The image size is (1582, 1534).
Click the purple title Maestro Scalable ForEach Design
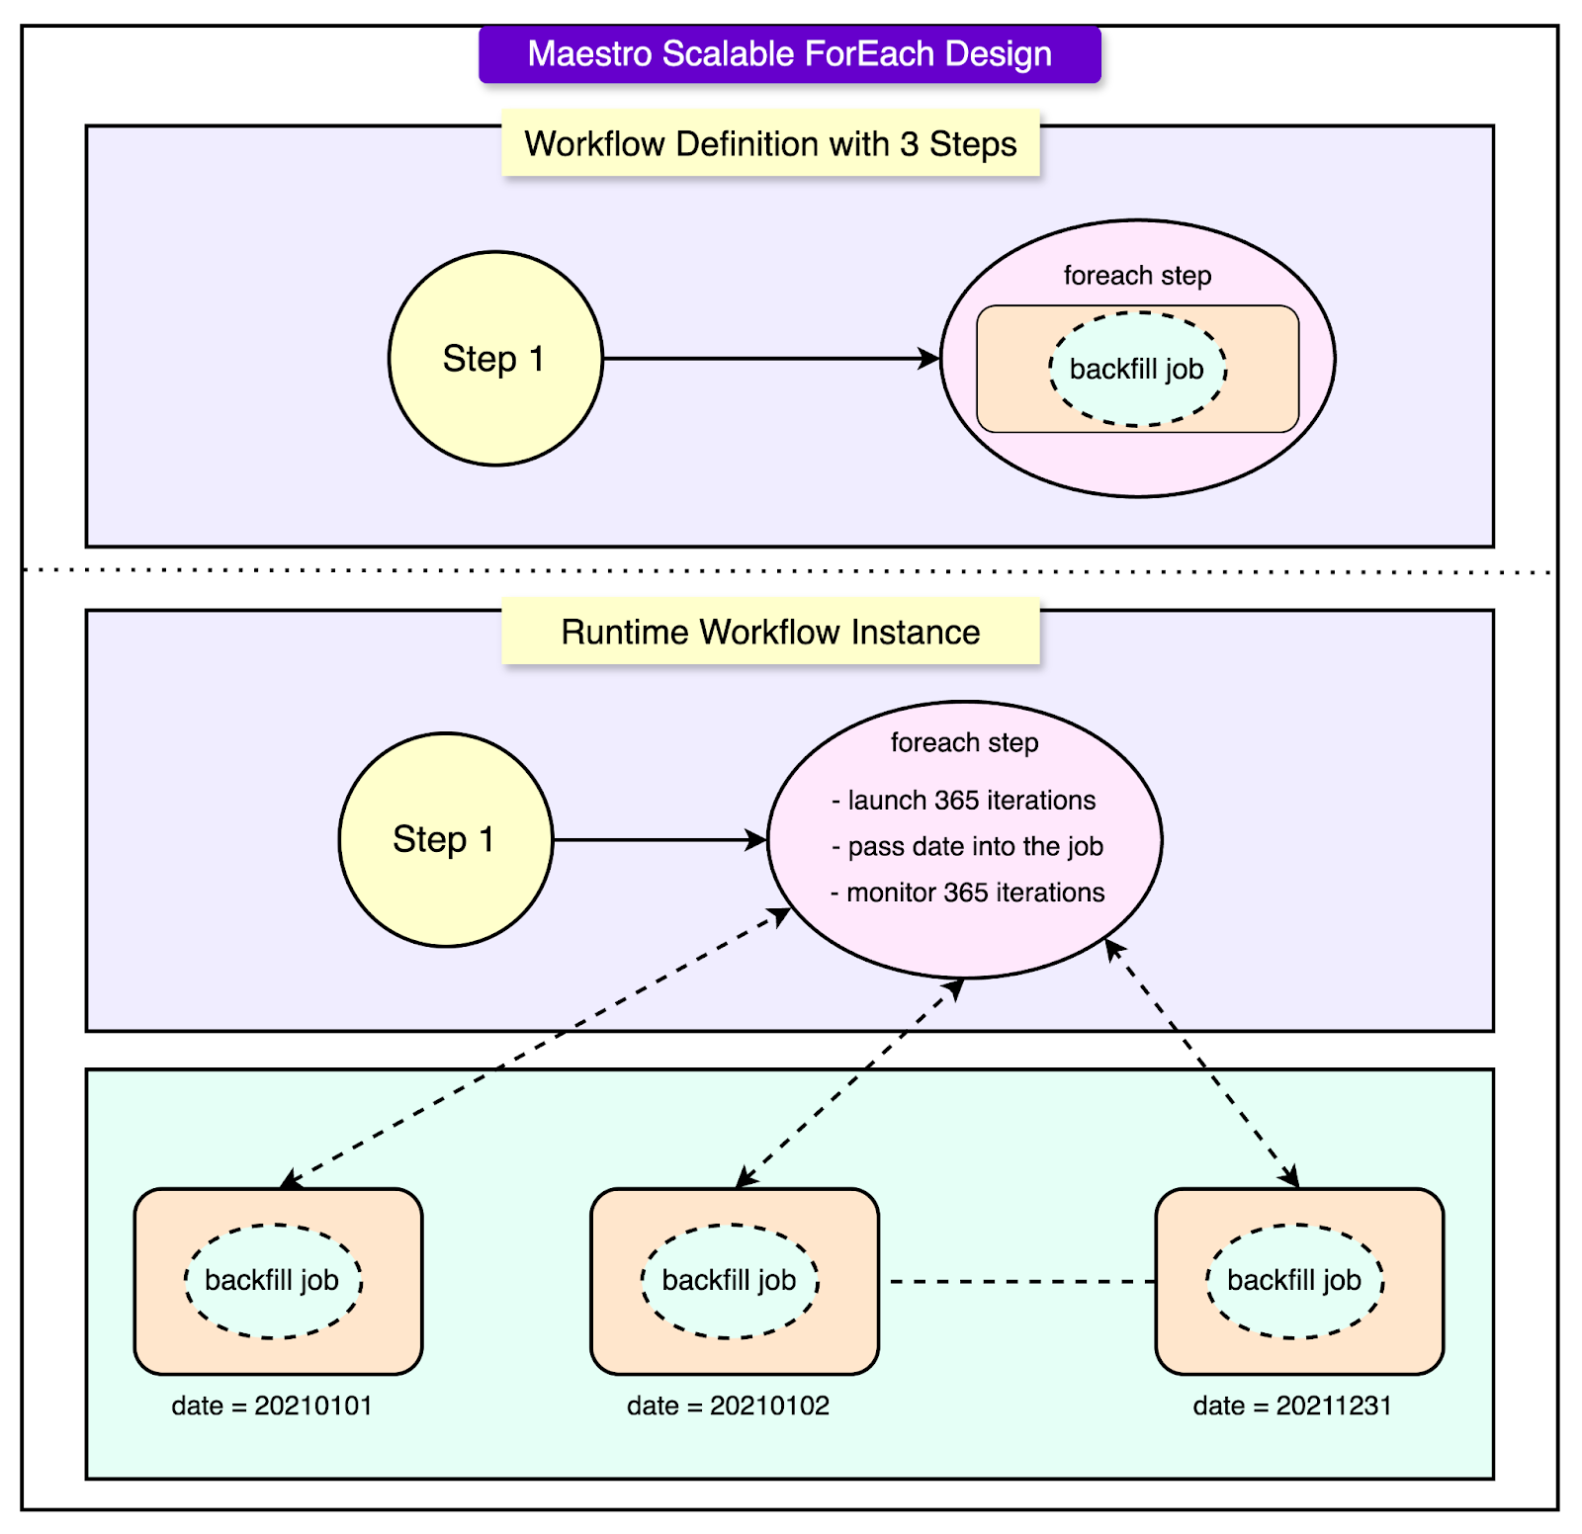pyautogui.click(x=789, y=54)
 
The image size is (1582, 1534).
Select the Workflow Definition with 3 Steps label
pyautogui.click(x=770, y=144)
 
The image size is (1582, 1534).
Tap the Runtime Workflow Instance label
pyautogui.click(x=770, y=633)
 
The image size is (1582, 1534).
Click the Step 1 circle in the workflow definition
pyautogui.click(x=494, y=359)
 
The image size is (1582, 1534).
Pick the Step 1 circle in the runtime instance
pyautogui.click(x=445, y=840)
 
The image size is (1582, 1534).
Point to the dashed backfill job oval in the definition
pyautogui.click(x=1137, y=370)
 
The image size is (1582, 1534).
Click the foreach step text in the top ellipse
pyautogui.click(x=1137, y=276)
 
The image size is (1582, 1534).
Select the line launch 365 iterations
pyautogui.click(x=964, y=801)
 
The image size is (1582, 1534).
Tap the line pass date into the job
pyautogui.click(x=967, y=847)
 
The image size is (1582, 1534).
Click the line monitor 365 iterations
pyautogui.click(x=967, y=893)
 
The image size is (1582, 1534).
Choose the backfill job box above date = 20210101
pyautogui.click(x=278, y=1281)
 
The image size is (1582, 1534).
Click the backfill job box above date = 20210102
pyautogui.click(x=734, y=1281)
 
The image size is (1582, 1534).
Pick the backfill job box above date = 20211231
pyautogui.click(x=1298, y=1281)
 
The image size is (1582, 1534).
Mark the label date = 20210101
pyautogui.click(x=272, y=1406)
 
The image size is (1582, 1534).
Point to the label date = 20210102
pyautogui.click(x=728, y=1406)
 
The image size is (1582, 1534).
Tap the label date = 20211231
pyautogui.click(x=1292, y=1406)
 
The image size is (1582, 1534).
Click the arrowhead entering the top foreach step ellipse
pyautogui.click(x=929, y=359)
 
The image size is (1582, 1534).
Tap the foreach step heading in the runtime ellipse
pyautogui.click(x=964, y=743)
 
